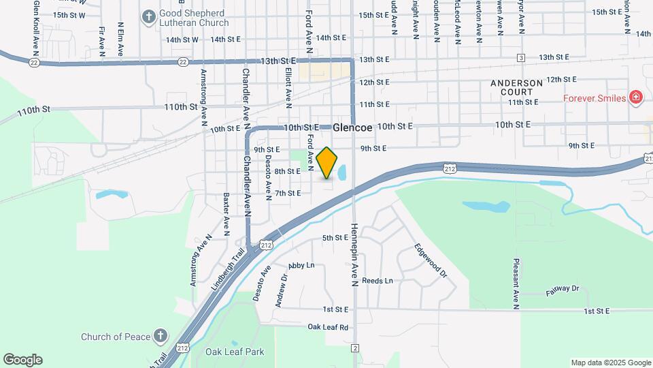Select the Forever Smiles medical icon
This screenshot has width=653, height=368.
click(x=636, y=97)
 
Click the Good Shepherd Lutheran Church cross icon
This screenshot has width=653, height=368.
click(x=148, y=16)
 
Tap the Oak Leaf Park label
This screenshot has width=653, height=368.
click(x=235, y=352)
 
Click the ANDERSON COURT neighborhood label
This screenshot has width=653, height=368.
click(x=517, y=87)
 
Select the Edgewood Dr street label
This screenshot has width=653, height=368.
click(x=431, y=262)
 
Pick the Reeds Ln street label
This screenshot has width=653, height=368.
click(x=378, y=281)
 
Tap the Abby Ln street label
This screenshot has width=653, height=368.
click(x=301, y=265)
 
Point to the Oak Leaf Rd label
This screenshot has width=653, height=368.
click(x=328, y=327)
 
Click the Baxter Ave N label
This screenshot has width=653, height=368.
click(x=227, y=212)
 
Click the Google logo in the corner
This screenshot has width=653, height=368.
click(x=22, y=360)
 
